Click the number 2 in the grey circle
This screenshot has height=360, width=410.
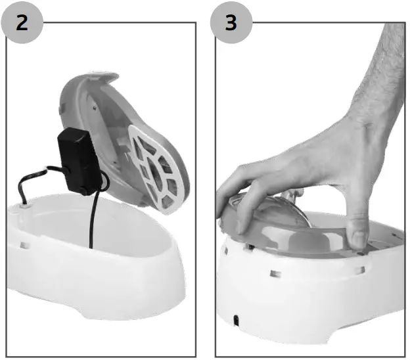[22, 22]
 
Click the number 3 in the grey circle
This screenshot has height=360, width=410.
[231, 22]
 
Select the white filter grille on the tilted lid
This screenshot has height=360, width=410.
[160, 164]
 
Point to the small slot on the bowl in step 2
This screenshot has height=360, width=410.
[24, 244]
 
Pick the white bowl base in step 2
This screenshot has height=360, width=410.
[99, 276]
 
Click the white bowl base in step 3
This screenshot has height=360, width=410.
[309, 296]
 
